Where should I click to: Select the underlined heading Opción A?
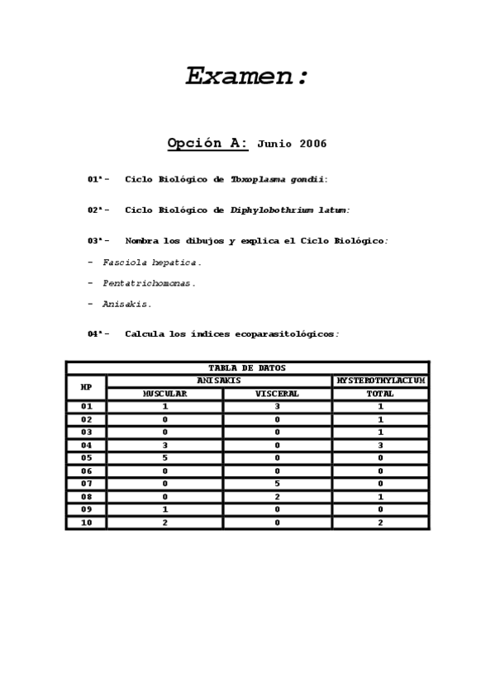(207, 143)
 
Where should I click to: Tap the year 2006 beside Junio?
(313, 144)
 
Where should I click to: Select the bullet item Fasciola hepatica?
(151, 262)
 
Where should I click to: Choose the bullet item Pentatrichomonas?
(149, 283)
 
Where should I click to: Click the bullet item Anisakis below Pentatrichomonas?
(126, 304)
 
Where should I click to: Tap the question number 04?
(94, 334)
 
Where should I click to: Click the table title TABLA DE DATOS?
(247, 368)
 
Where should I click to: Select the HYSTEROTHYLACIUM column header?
(380, 381)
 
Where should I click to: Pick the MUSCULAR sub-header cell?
(164, 394)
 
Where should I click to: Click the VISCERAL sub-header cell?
(277, 394)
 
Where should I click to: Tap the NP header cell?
(86, 387)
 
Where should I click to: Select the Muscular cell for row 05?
(164, 457)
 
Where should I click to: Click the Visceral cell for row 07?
(277, 484)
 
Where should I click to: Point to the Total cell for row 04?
(380, 445)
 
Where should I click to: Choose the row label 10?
(86, 523)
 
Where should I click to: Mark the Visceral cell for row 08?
(277, 497)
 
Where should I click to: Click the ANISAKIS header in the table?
(219, 381)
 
